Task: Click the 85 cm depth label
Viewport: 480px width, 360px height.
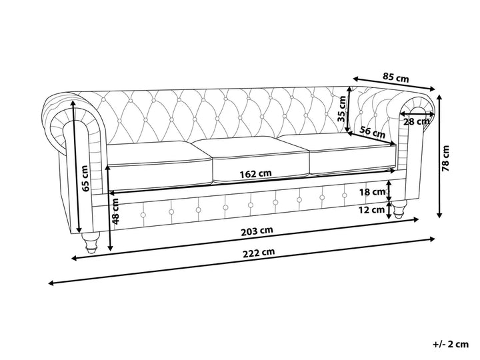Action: click(x=395, y=77)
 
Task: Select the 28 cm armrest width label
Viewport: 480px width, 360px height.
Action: click(x=416, y=121)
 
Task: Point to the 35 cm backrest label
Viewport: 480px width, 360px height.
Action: click(x=341, y=109)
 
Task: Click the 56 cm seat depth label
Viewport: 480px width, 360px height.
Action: click(x=372, y=131)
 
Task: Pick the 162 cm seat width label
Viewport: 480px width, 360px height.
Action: click(x=255, y=174)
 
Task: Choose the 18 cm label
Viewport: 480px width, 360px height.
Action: click(x=372, y=192)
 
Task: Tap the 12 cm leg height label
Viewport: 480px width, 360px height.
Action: click(x=371, y=210)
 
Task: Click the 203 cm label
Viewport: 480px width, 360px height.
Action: click(x=257, y=231)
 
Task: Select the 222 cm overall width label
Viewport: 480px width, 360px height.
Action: click(x=259, y=253)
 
